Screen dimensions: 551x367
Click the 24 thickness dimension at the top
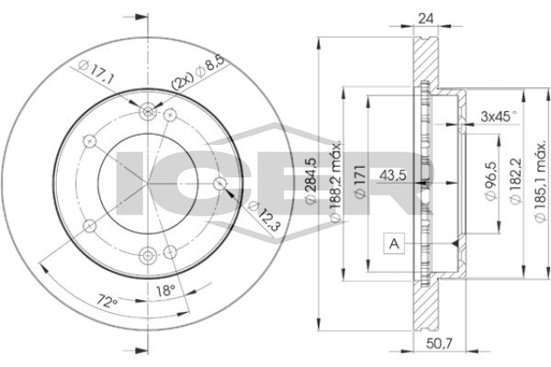[x=425, y=18]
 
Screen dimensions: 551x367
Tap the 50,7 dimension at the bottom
[x=439, y=343]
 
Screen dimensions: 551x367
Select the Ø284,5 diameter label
[x=311, y=180]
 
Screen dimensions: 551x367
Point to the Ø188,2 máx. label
[x=335, y=182]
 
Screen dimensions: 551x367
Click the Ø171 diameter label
[x=361, y=182]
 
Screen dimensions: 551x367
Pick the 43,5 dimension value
[x=393, y=175]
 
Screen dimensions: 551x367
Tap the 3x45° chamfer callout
[x=500, y=116]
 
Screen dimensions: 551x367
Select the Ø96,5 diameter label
[x=491, y=181]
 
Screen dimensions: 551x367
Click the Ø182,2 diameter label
[x=515, y=181]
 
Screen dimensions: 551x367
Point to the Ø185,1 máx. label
[x=540, y=182]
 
